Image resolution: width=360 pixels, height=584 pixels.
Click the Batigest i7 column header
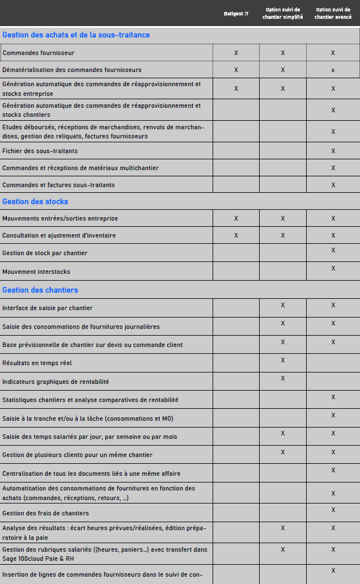tap(236, 13)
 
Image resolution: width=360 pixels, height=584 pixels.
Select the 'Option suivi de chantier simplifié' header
tap(282, 13)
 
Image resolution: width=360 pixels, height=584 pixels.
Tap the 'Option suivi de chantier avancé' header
tap(333, 13)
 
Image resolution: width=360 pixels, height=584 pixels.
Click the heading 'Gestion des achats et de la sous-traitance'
tap(76, 35)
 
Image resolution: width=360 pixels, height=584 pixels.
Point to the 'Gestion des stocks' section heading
tap(35, 201)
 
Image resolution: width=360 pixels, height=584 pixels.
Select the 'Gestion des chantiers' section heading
tap(40, 290)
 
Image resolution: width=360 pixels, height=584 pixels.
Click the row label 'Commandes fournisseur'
tap(39, 53)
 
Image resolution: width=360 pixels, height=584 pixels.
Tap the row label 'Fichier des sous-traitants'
tap(40, 151)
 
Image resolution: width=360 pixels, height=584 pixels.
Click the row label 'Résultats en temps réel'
tap(37, 362)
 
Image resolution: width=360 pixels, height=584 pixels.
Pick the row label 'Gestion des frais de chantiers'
tap(45, 513)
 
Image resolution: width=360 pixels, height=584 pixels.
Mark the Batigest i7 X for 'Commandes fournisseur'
tap(236, 53)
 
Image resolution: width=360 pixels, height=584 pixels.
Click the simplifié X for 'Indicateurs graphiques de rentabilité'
tap(282, 378)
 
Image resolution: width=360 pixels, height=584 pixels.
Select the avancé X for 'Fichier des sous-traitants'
tap(333, 151)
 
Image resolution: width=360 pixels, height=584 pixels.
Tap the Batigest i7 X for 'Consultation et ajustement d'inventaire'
tap(236, 235)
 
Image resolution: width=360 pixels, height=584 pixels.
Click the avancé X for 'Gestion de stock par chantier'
tap(333, 250)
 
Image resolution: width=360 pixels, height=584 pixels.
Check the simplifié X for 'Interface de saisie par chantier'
tap(282, 305)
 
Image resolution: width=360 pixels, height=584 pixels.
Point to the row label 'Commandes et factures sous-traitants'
tap(58, 185)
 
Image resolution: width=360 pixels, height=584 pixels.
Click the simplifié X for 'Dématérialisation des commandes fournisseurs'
tap(282, 70)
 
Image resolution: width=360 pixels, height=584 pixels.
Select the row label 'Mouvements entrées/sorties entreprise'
tap(60, 218)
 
